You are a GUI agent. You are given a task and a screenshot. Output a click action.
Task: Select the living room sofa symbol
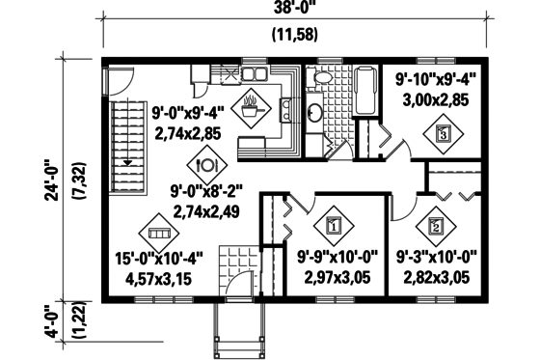click(x=158, y=232)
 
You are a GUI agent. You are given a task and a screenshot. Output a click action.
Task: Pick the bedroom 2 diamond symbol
click(x=435, y=227)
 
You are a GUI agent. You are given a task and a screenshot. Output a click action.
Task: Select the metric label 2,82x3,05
click(x=434, y=279)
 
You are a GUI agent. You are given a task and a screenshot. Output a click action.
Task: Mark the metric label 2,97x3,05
click(x=335, y=279)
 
